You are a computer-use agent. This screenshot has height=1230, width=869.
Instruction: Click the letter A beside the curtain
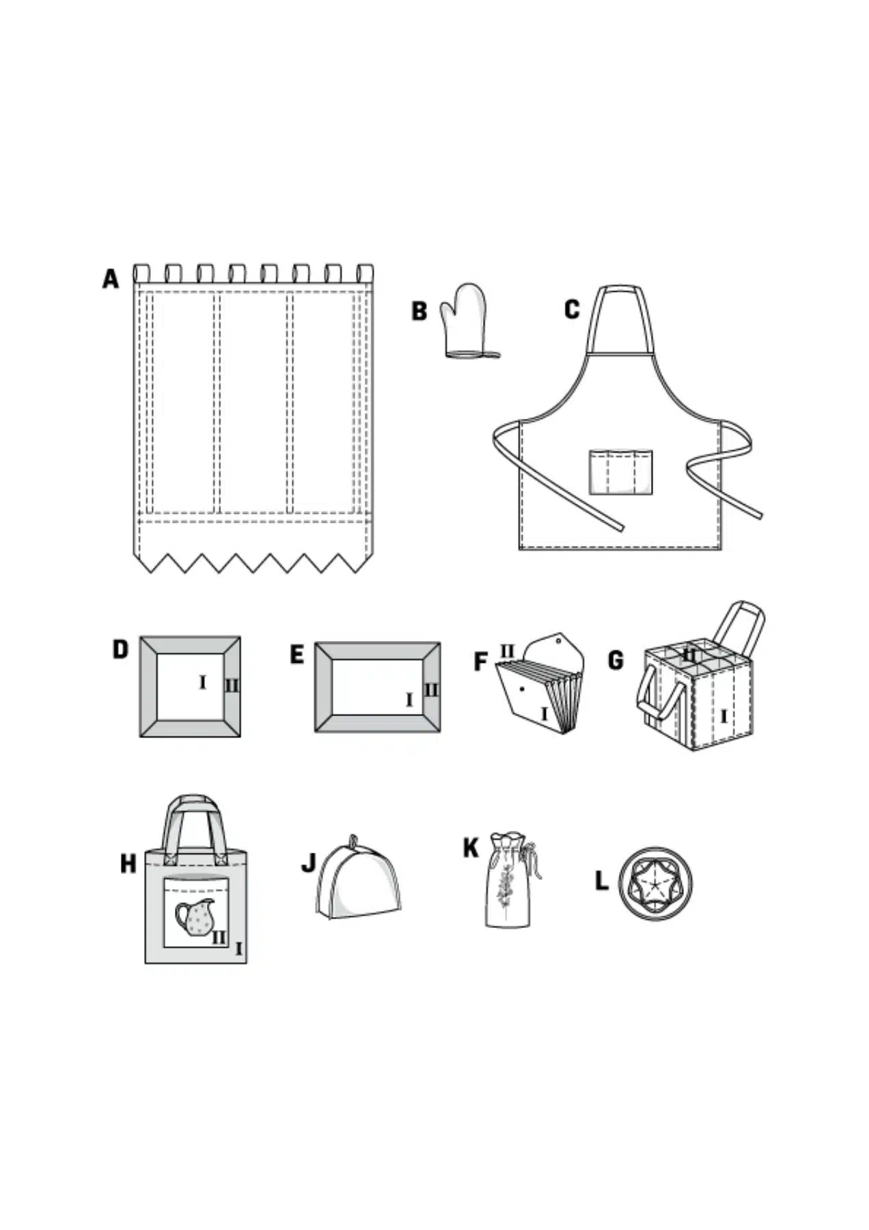point(110,279)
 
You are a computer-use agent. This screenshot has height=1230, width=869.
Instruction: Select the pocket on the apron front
point(620,471)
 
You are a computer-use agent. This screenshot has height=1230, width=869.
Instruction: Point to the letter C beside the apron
point(572,309)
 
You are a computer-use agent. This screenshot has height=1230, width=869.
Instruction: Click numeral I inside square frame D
point(202,682)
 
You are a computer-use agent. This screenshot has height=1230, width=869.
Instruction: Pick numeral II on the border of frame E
point(430,689)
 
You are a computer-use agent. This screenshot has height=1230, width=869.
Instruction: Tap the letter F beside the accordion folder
point(481,661)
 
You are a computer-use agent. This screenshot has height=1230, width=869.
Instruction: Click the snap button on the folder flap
point(558,642)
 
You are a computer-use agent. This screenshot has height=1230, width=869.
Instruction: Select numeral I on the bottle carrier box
point(723,716)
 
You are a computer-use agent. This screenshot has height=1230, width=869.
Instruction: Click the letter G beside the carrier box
point(615,660)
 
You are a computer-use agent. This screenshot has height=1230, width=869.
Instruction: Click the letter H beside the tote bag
point(128,864)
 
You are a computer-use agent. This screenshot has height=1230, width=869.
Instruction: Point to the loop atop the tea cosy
point(353,840)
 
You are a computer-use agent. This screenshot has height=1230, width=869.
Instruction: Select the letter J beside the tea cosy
point(309,863)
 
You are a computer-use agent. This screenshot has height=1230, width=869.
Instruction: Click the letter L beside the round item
point(601,881)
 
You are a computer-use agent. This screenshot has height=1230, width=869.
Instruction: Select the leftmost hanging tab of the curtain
point(141,273)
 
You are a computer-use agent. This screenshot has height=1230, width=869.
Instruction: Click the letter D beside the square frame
point(120,649)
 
